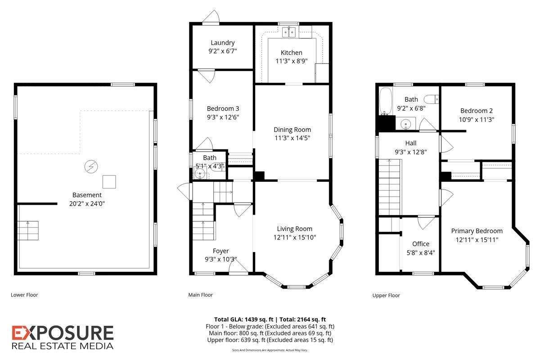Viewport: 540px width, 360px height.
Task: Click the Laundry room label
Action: point(222,43)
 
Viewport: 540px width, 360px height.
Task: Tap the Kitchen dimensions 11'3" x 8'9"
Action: point(292,61)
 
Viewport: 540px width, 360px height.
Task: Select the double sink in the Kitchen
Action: point(289,32)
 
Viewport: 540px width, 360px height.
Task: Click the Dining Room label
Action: point(292,130)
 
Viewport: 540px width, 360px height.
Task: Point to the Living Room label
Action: point(294,229)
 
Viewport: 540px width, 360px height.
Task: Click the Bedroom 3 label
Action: point(223,108)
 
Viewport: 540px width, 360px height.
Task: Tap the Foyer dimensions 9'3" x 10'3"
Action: point(221,259)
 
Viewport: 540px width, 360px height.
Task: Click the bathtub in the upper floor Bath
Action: point(386,101)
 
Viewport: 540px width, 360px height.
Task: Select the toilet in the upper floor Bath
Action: point(431,99)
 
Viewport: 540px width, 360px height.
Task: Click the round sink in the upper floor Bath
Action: point(405,124)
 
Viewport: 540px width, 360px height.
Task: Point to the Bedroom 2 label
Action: point(477,111)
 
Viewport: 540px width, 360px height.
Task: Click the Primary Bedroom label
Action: point(477,231)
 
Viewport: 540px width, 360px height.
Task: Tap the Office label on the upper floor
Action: point(421,244)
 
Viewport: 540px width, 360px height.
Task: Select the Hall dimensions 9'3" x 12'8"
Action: point(411,152)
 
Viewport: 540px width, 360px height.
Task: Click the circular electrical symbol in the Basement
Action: point(91,166)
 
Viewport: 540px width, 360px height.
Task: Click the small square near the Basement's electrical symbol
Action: point(109,181)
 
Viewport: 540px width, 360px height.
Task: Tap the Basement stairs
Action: point(28,230)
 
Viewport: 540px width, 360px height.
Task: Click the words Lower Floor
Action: point(24,295)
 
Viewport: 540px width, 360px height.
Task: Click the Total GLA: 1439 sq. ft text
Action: point(244,319)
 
